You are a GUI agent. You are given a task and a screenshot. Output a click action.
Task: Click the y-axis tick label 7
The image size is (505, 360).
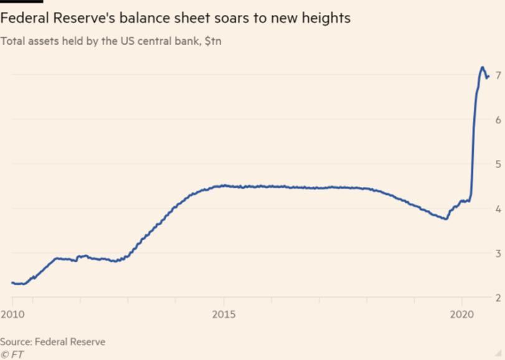(x=496, y=74)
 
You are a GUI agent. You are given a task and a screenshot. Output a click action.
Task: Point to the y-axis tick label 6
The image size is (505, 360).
(x=496, y=119)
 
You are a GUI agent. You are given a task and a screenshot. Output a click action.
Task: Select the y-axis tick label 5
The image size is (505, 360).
(x=496, y=164)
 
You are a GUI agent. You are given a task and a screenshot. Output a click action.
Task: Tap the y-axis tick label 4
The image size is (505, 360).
(x=496, y=209)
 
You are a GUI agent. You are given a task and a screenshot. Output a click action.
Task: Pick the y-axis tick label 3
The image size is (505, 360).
(x=496, y=253)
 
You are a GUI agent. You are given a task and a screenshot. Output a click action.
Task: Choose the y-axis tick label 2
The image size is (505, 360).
(x=496, y=298)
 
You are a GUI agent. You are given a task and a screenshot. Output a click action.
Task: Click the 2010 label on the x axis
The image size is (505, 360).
(x=12, y=314)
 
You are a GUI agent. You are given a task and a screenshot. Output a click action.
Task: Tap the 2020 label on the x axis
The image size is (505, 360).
(x=461, y=314)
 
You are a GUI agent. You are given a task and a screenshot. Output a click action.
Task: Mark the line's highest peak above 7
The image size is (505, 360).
(x=482, y=67)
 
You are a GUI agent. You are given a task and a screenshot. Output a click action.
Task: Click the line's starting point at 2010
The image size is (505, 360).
(x=12, y=283)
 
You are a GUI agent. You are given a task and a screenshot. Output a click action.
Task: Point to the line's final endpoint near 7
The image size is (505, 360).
(x=489, y=76)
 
